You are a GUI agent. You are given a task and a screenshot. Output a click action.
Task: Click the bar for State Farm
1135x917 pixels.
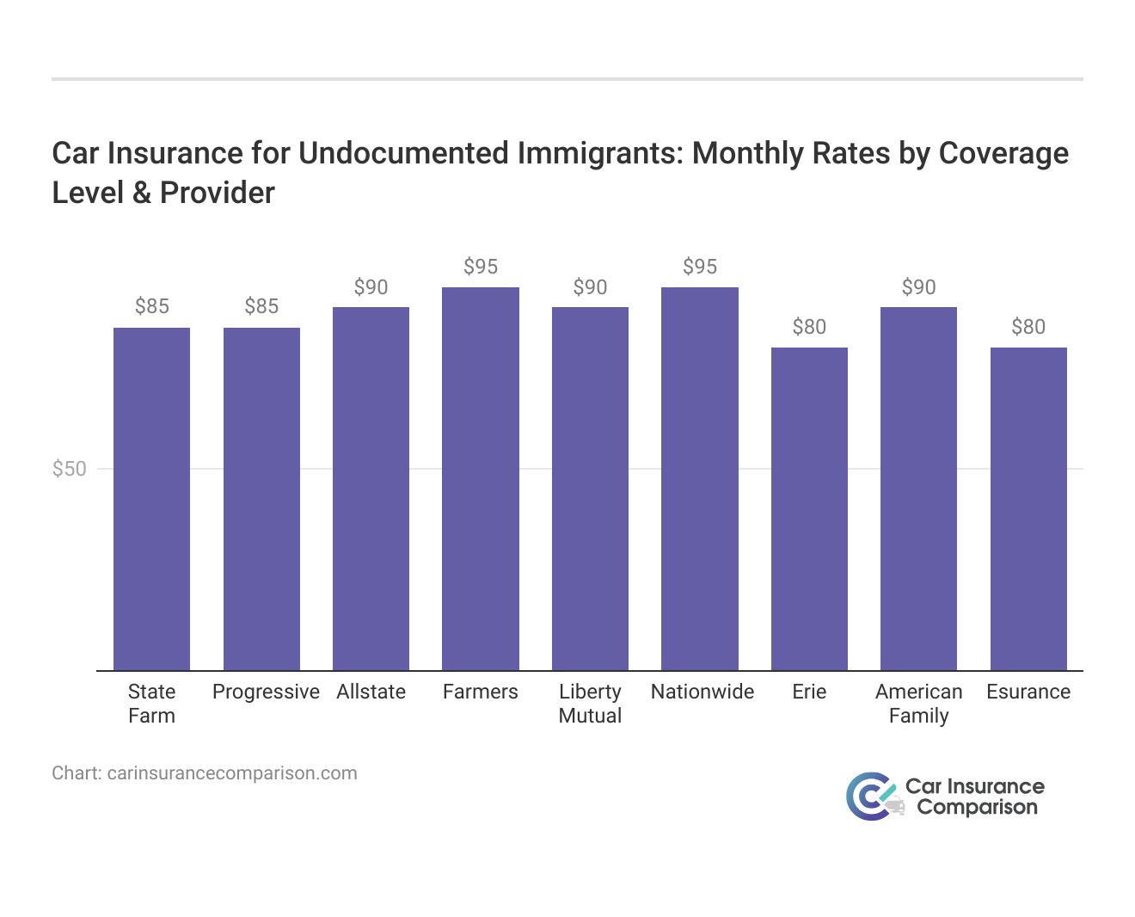(151, 499)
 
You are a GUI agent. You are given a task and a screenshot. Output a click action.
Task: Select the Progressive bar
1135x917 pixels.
(261, 499)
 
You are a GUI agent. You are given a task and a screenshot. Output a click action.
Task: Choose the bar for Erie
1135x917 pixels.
(809, 508)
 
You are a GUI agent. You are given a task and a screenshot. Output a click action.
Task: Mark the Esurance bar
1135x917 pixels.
(1028, 508)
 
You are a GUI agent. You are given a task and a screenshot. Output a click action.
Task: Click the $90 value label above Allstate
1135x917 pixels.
(371, 287)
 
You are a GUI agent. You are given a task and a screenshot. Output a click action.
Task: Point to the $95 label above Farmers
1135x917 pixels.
(481, 267)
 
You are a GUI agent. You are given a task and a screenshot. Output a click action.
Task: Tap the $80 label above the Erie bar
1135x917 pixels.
(809, 327)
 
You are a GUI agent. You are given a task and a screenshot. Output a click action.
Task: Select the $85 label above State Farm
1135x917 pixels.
(152, 306)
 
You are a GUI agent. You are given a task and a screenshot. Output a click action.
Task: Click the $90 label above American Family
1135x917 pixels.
(918, 287)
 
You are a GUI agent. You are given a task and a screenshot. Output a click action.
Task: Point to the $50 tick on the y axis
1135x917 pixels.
(70, 469)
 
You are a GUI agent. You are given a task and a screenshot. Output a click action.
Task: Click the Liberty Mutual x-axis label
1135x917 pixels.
(590, 704)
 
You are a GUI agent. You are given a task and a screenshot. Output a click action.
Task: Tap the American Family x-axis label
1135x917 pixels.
(918, 704)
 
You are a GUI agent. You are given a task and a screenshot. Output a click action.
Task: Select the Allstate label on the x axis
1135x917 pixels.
(371, 692)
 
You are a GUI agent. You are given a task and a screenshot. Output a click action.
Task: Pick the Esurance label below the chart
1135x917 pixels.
(1028, 692)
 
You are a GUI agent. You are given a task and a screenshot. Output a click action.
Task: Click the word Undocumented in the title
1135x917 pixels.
(404, 153)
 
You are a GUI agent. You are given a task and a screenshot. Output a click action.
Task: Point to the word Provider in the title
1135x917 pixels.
(218, 193)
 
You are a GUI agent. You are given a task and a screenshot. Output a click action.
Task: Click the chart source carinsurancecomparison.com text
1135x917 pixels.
(232, 772)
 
